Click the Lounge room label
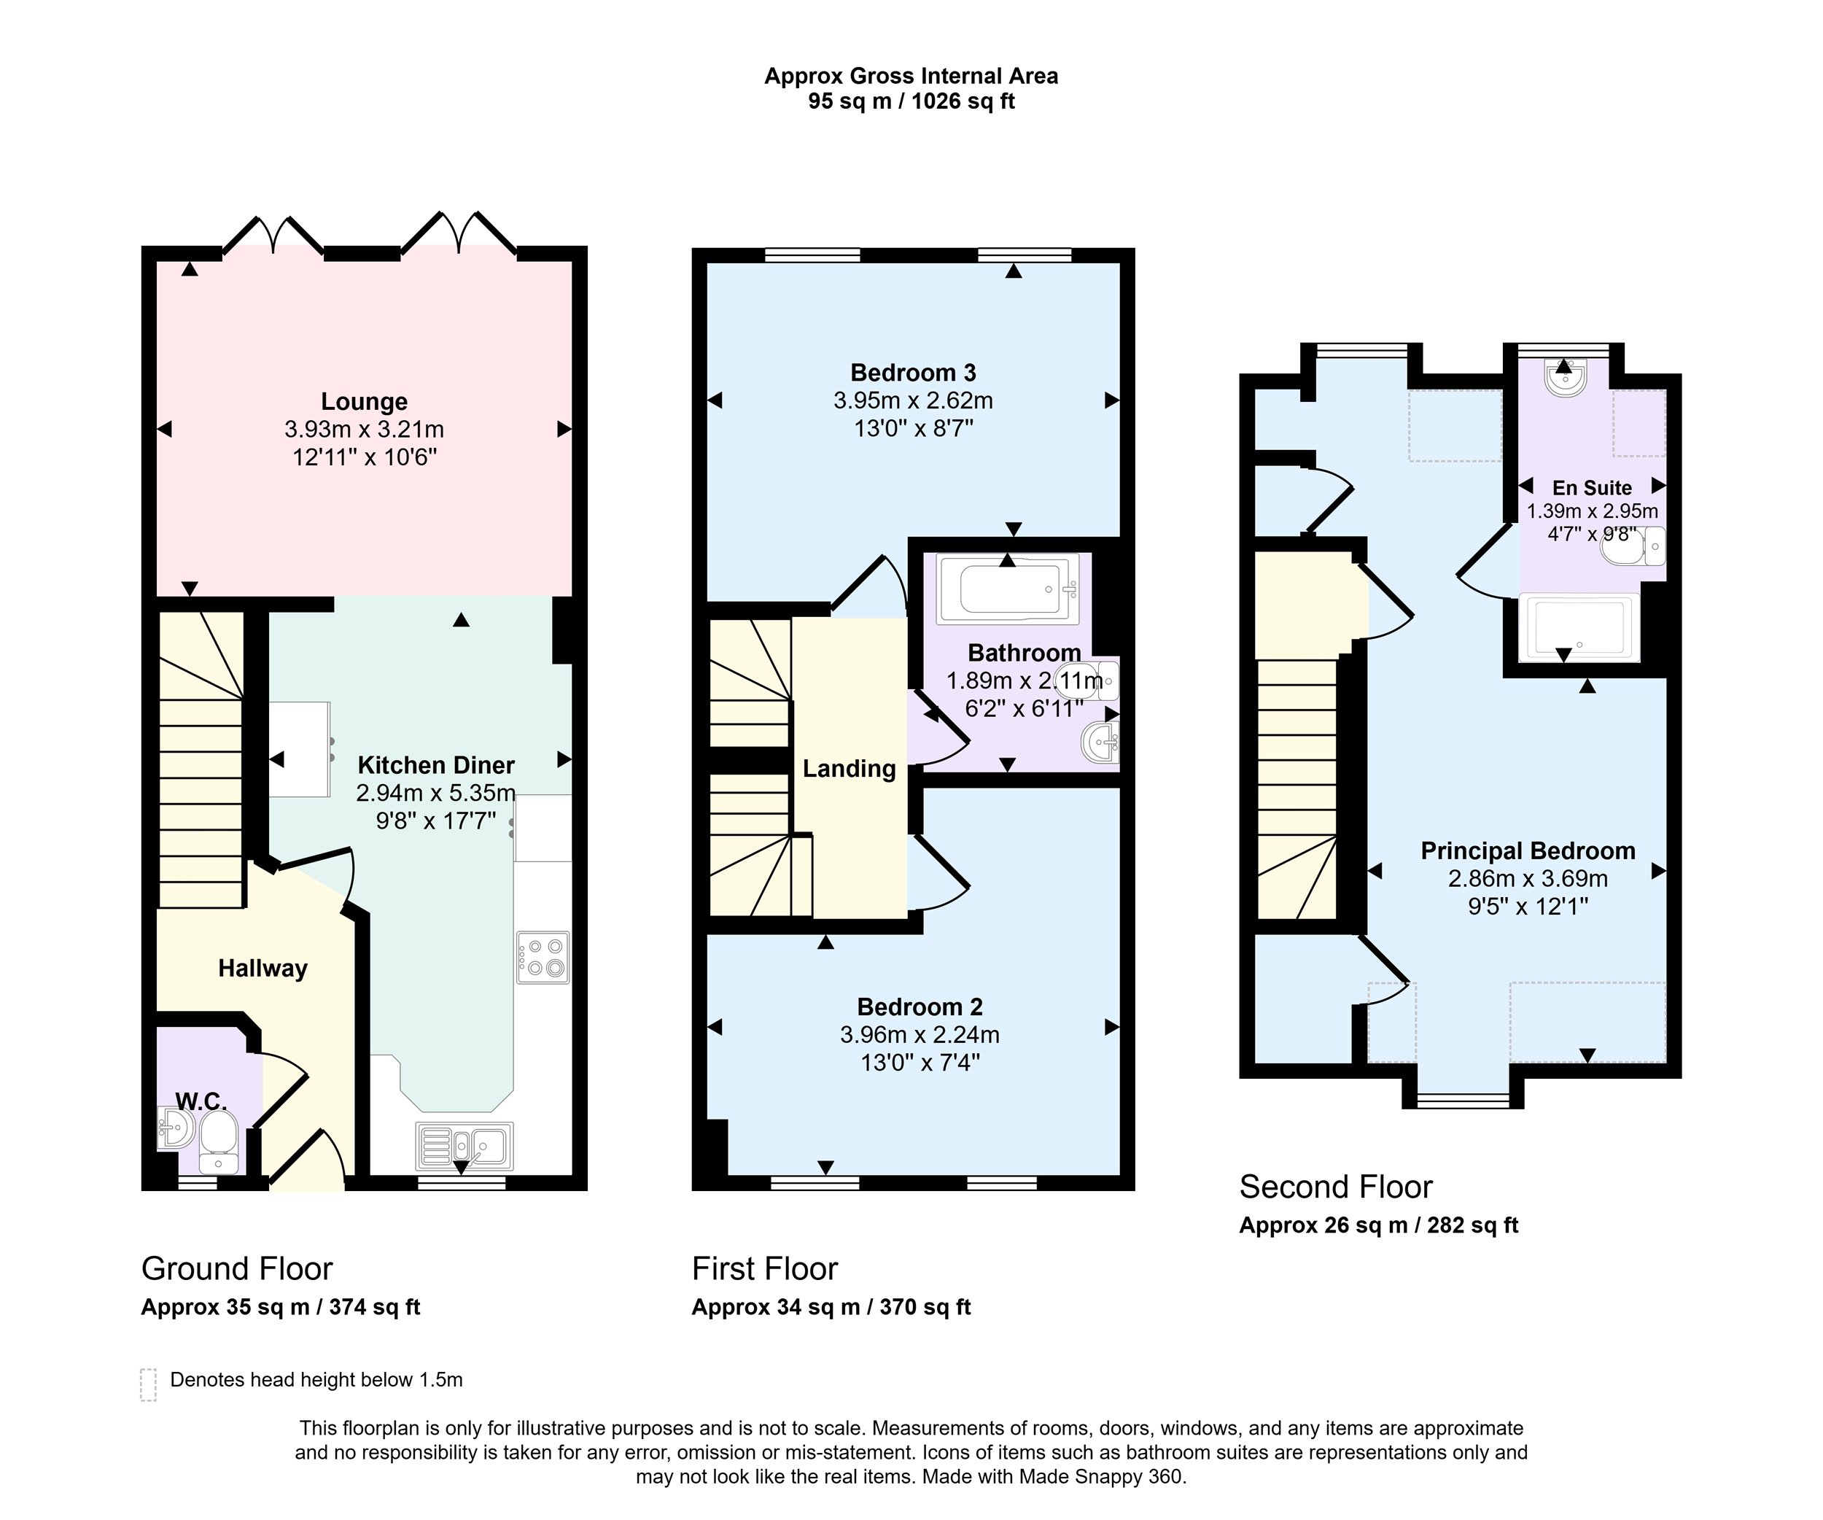[x=364, y=402]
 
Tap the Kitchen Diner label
[x=436, y=766]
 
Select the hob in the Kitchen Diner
[x=543, y=958]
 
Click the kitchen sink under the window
[x=465, y=1146]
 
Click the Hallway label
[x=263, y=969]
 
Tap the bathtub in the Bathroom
[x=1007, y=589]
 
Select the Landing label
[x=849, y=769]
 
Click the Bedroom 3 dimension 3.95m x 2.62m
[x=913, y=401]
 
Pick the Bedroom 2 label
[x=920, y=1007]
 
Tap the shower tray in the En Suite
[x=1579, y=627]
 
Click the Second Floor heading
[x=1335, y=1187]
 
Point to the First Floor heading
[x=765, y=1269]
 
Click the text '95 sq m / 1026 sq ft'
[x=911, y=101]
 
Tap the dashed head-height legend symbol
[x=149, y=1384]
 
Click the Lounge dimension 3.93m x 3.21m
[x=364, y=430]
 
